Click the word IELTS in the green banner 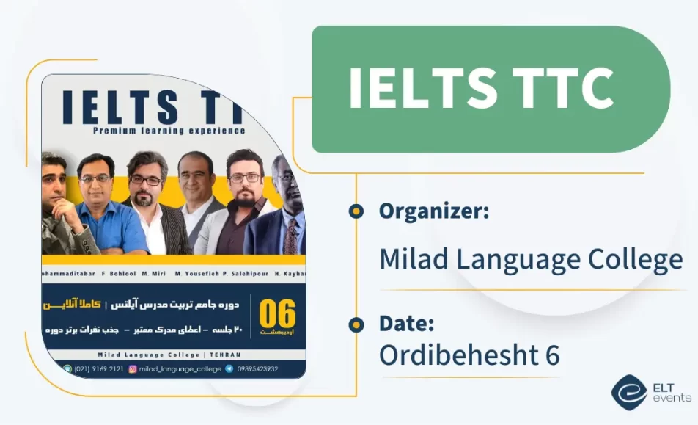pos(415,89)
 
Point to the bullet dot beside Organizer pos(356,212)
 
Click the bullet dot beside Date pos(356,324)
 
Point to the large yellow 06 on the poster pos(277,314)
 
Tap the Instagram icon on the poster pos(133,368)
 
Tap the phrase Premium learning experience pos(169,131)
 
